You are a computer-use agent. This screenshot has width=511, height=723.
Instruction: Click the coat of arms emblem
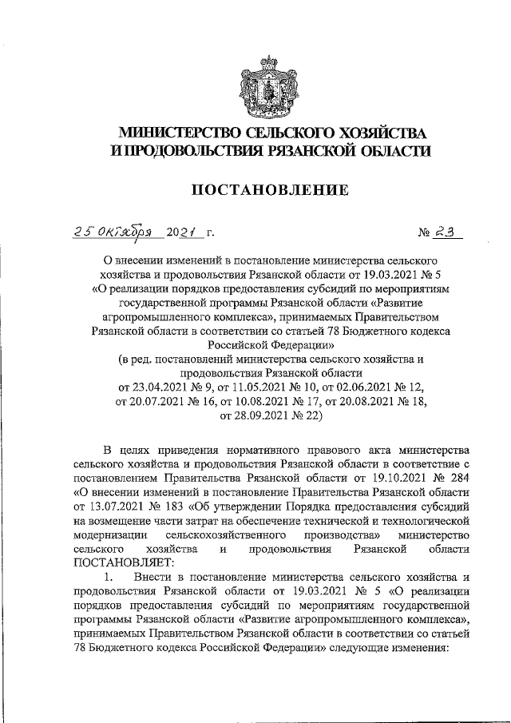pos(255,76)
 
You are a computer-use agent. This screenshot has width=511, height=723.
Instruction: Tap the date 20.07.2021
pos(161,401)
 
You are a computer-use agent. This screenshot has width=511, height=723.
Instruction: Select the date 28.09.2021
pos(238,415)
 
